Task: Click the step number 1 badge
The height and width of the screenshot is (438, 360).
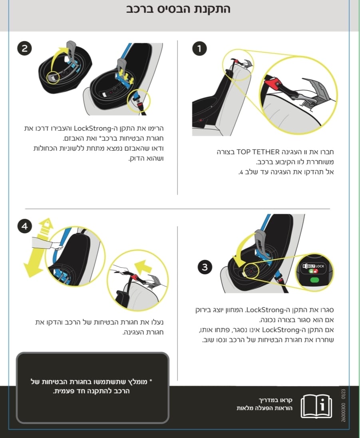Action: pyautogui.click(x=199, y=48)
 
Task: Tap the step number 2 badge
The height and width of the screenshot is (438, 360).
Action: pyautogui.click(x=25, y=48)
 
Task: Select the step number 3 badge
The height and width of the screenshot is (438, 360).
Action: pyautogui.click(x=205, y=267)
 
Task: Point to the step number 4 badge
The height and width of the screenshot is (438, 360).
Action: pyautogui.click(x=25, y=226)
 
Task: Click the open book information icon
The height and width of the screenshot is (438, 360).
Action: pyautogui.click(x=316, y=406)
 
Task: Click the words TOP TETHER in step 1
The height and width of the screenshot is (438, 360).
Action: pyautogui.click(x=258, y=152)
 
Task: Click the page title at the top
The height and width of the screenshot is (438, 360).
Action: pyautogui.click(x=178, y=9)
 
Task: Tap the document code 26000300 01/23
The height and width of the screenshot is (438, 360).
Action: pyautogui.click(x=344, y=405)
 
